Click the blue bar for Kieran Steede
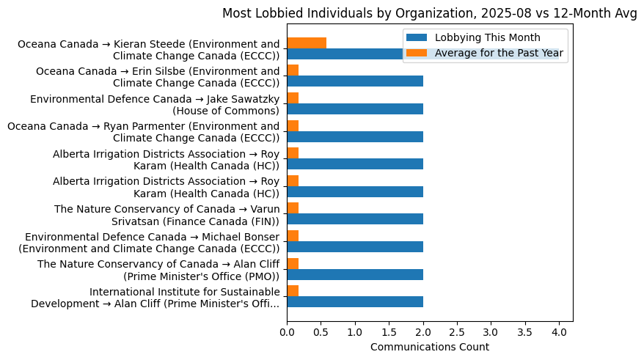(x=345, y=54)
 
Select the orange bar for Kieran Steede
(x=307, y=43)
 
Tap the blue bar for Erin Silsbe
(x=355, y=81)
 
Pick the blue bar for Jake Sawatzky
(x=355, y=109)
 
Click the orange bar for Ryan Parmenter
(x=293, y=125)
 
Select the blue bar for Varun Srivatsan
(x=355, y=219)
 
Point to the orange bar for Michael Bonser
(x=293, y=235)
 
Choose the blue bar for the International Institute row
(x=355, y=301)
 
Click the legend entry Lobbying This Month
(x=487, y=38)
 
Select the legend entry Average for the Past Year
(x=499, y=52)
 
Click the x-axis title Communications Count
(x=430, y=347)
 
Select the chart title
(x=430, y=13)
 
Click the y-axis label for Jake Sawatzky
(x=155, y=105)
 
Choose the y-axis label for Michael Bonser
(x=150, y=243)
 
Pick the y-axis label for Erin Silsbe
(x=158, y=77)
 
